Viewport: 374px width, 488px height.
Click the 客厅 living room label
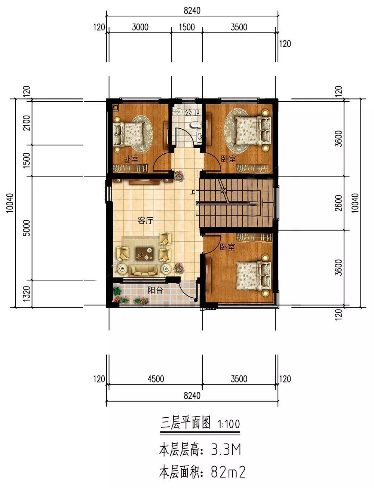point(145,221)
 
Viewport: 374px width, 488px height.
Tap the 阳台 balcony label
point(155,290)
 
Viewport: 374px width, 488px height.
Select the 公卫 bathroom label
point(192,112)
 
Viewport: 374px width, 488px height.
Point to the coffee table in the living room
point(145,254)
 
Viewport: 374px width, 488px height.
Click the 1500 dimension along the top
point(187,27)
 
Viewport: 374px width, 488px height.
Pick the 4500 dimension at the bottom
point(156,379)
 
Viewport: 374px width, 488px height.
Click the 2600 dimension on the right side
point(338,203)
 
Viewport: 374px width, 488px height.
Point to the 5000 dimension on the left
point(27,228)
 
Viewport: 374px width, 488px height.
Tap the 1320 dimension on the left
point(27,293)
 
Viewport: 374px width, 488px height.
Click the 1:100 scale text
point(229,424)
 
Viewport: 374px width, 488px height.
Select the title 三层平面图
point(186,423)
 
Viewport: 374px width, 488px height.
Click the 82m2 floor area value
point(228,472)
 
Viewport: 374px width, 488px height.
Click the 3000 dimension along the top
point(140,27)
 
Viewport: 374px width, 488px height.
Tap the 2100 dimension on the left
point(27,123)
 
